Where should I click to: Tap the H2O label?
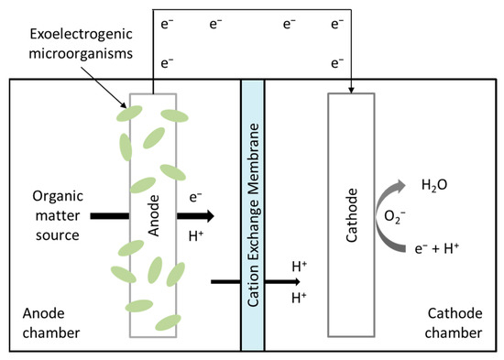click(x=433, y=185)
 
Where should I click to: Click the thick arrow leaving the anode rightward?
click(x=195, y=216)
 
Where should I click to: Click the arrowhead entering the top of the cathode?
click(x=352, y=89)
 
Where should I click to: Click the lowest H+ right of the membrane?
click(x=299, y=299)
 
